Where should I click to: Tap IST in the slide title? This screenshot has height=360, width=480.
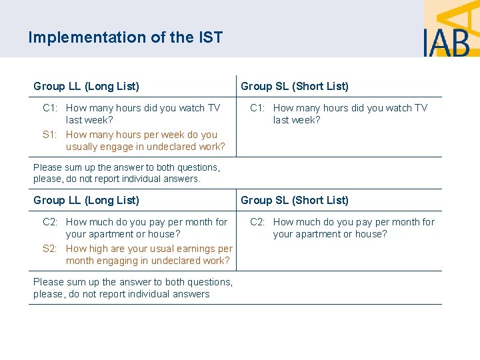point(209,37)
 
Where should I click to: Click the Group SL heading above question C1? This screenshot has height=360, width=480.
point(294,86)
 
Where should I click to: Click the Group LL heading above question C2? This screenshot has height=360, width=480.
point(86,200)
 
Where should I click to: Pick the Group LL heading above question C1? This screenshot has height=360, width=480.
point(86,86)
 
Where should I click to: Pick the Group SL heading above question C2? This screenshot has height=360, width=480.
point(294,200)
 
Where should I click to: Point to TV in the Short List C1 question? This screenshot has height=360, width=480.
point(421,108)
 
